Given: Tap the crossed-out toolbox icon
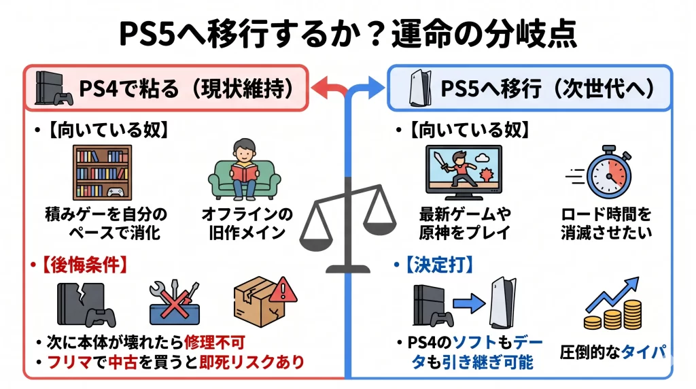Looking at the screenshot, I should (x=175, y=301).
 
